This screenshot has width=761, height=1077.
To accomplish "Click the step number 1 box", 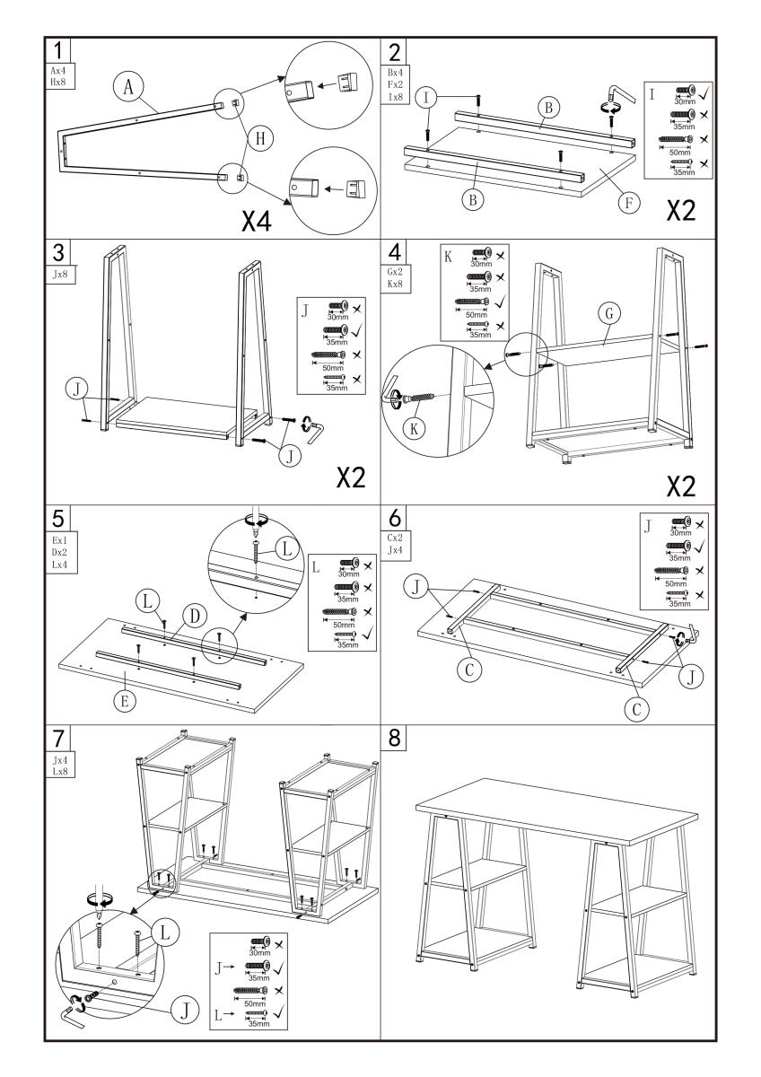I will pos(57,50).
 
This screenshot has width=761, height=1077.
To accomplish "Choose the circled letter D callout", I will pos(189,616).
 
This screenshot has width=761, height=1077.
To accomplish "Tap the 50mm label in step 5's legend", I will pos(345,625).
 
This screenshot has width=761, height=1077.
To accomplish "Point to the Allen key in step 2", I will pos(614,96).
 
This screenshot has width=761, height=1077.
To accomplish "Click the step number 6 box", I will pos(393,518).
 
